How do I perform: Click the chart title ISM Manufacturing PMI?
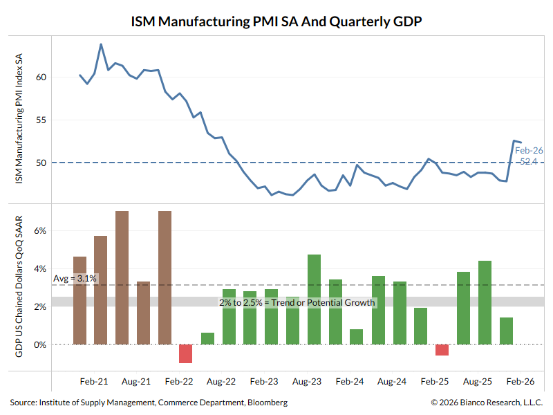[x=276, y=21]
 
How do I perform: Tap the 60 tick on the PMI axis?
[x=41, y=77]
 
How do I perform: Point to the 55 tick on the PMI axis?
[x=41, y=120]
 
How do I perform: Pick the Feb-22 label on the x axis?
[x=178, y=381]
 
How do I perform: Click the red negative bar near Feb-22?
[x=185, y=353]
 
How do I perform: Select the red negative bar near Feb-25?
[x=442, y=350]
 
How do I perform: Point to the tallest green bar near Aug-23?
[x=314, y=299]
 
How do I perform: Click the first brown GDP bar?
[x=79, y=300]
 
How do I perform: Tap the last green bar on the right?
[x=506, y=331]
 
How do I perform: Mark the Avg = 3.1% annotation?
[x=76, y=278]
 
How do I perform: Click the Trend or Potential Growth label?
[x=297, y=302]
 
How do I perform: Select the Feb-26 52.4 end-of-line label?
[x=528, y=156]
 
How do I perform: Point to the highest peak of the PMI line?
[x=101, y=44]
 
